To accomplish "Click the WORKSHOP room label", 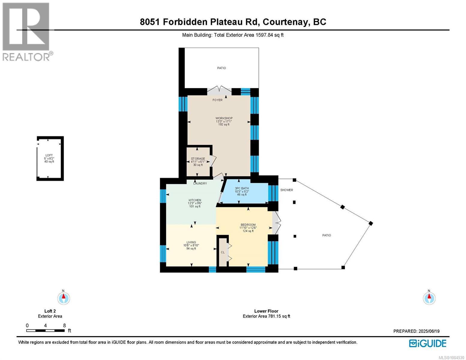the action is [224, 118].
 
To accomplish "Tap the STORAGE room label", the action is [198, 159].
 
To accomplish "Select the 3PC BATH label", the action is [242, 188].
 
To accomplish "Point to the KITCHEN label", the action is [195, 200].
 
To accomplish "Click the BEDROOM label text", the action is [248, 225].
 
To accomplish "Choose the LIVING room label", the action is [191, 242].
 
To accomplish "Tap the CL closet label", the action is [223, 252].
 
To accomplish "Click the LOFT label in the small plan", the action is [49, 155].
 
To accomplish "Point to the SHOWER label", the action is [287, 190].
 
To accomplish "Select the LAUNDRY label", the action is [200, 183].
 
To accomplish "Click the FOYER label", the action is [218, 100].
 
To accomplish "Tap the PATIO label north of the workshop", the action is [221, 68].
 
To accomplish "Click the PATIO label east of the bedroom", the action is [326, 235].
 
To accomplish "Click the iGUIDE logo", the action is [428, 343].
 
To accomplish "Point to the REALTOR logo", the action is [27, 32].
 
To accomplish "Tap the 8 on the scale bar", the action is [64, 325].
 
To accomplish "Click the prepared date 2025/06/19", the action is [428, 331].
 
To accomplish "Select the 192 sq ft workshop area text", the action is [224, 124].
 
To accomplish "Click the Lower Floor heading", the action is [266, 311].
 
